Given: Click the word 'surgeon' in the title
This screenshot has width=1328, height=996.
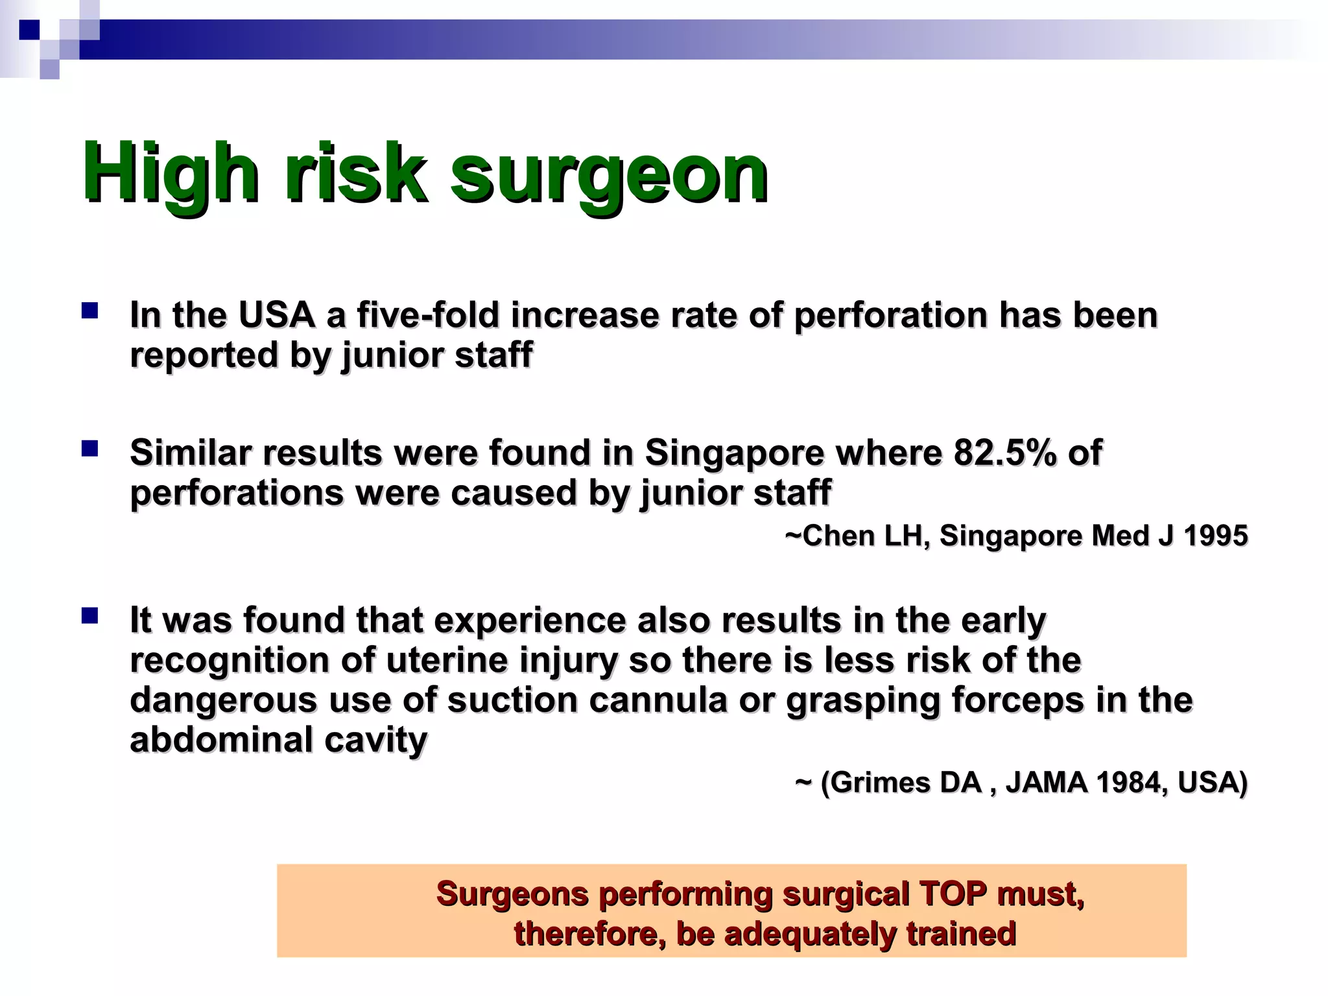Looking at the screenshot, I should click(610, 174).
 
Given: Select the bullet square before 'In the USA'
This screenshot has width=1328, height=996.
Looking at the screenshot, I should click(89, 311).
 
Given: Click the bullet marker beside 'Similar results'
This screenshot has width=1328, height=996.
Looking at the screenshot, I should click(89, 449).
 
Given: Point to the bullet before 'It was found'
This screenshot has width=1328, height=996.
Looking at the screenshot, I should click(89, 616).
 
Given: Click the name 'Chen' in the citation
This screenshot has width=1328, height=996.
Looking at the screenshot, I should click(838, 536).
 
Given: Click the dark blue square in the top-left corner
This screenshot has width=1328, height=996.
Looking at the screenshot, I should click(29, 30).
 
